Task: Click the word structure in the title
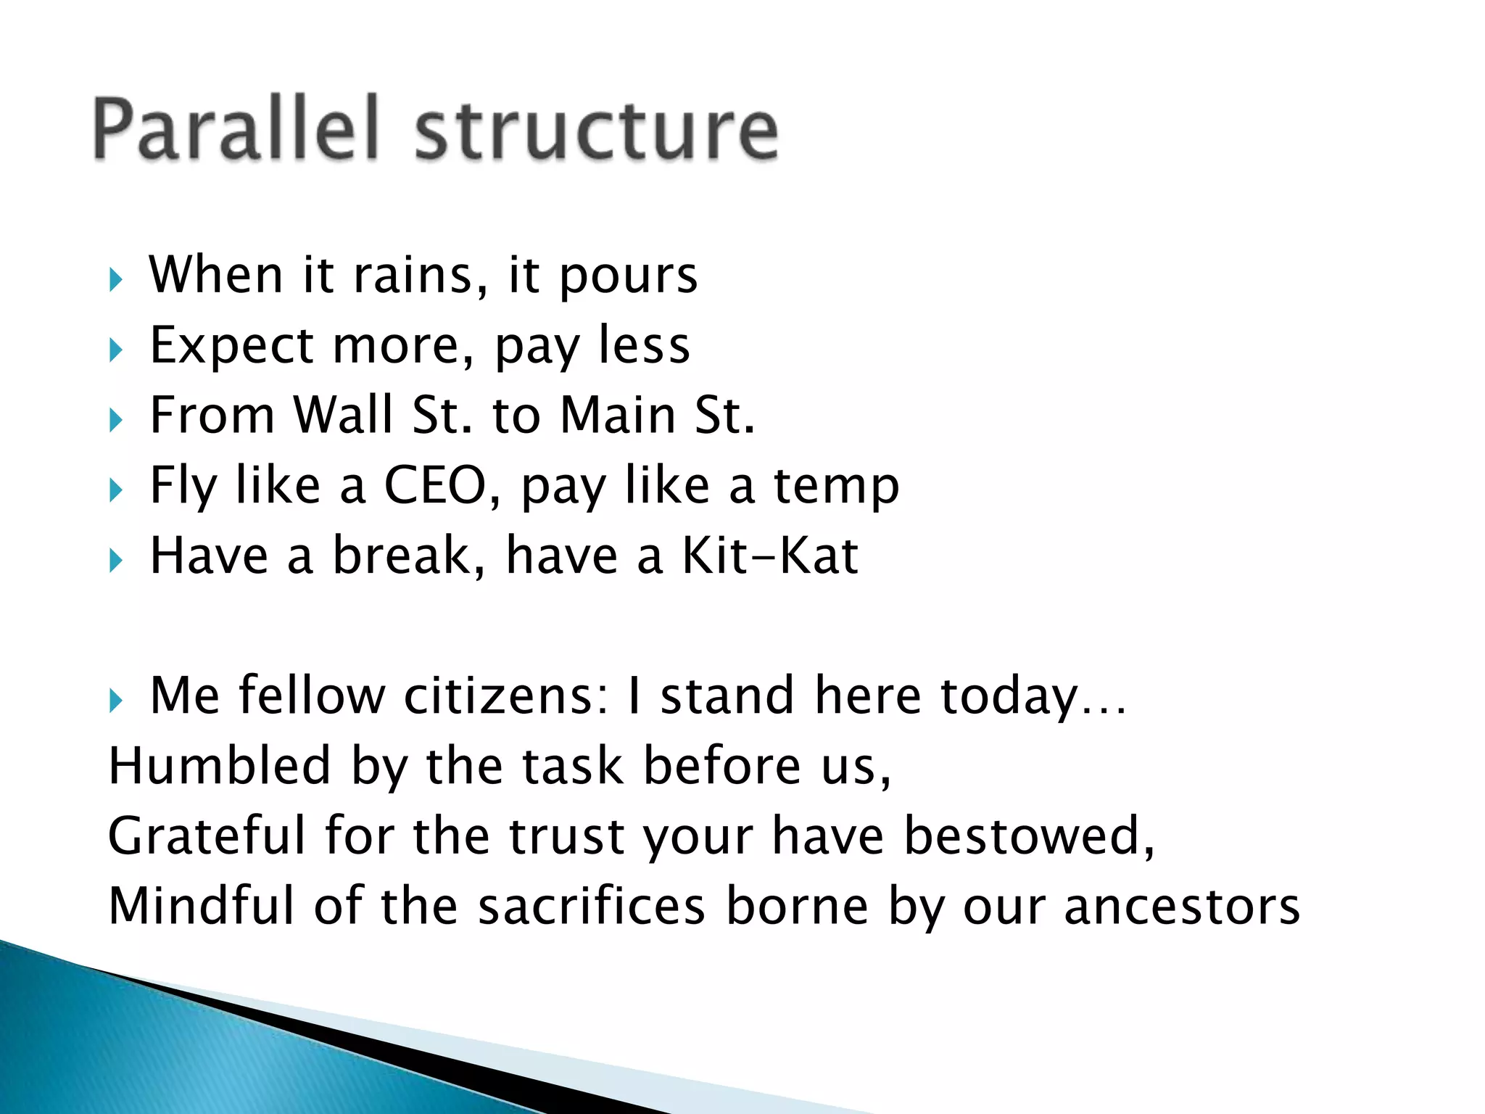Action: click(x=596, y=131)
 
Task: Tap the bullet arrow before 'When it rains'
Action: click(x=116, y=279)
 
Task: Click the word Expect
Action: click(x=231, y=346)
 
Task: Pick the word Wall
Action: click(x=343, y=415)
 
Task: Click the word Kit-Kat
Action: click(x=770, y=556)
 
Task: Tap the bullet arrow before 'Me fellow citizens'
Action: click(x=116, y=701)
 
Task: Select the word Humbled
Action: click(x=220, y=766)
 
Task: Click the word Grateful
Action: click(x=207, y=836)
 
